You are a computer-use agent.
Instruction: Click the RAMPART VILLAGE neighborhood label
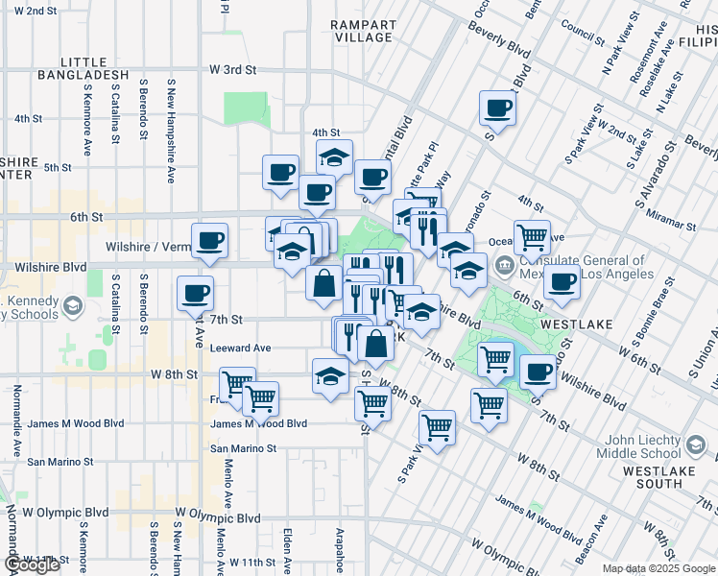(x=361, y=30)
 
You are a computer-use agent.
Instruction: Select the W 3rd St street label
(x=233, y=70)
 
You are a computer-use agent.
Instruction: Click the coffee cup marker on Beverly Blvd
(x=497, y=108)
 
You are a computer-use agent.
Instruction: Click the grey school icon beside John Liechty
(x=695, y=444)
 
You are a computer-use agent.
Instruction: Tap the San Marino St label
(x=244, y=448)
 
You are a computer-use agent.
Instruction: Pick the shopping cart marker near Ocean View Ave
(x=531, y=236)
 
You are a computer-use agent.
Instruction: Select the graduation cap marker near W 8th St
(x=329, y=375)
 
